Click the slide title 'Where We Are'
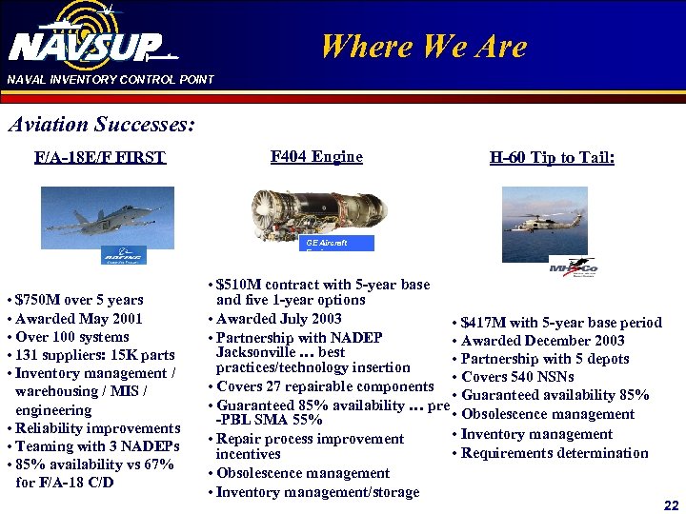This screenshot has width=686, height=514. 424,45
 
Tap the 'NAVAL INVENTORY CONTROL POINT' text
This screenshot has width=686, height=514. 111,80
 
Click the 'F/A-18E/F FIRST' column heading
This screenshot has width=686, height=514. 99,157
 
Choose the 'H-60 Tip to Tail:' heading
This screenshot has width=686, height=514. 552,158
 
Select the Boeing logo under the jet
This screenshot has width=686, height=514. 124,256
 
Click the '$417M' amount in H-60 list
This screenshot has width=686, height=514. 481,323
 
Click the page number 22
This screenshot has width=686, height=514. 671,504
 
